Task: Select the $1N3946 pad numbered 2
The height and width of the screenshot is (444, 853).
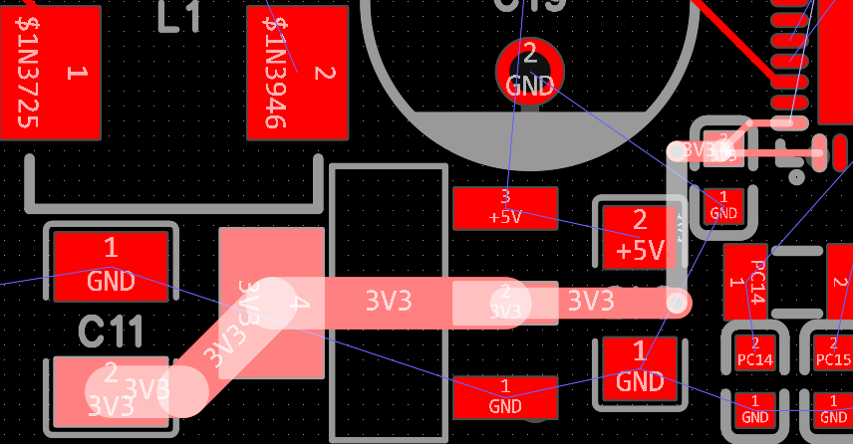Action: click(x=298, y=72)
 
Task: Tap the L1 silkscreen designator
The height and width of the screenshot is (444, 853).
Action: click(x=180, y=17)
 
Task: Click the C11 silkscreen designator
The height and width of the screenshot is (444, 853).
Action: click(x=112, y=332)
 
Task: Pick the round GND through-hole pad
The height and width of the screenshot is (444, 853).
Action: click(x=529, y=70)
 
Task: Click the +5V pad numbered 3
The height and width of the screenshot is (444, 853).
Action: click(x=504, y=208)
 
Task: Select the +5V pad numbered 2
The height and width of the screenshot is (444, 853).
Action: click(x=640, y=237)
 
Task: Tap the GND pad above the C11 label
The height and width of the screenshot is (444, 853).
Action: click(x=111, y=266)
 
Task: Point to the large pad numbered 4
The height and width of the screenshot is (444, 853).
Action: click(x=271, y=303)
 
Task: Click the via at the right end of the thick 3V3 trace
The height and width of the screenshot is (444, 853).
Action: click(x=677, y=302)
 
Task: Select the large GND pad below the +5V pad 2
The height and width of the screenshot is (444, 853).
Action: click(x=640, y=370)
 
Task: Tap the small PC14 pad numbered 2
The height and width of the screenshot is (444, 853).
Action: click(x=754, y=351)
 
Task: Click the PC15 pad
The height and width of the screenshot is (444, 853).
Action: click(x=832, y=351)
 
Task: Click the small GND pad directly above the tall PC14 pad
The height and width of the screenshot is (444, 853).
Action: click(x=723, y=206)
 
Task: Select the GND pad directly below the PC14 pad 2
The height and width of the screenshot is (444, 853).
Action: click(x=754, y=409)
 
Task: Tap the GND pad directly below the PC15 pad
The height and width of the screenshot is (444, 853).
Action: click(x=832, y=409)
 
